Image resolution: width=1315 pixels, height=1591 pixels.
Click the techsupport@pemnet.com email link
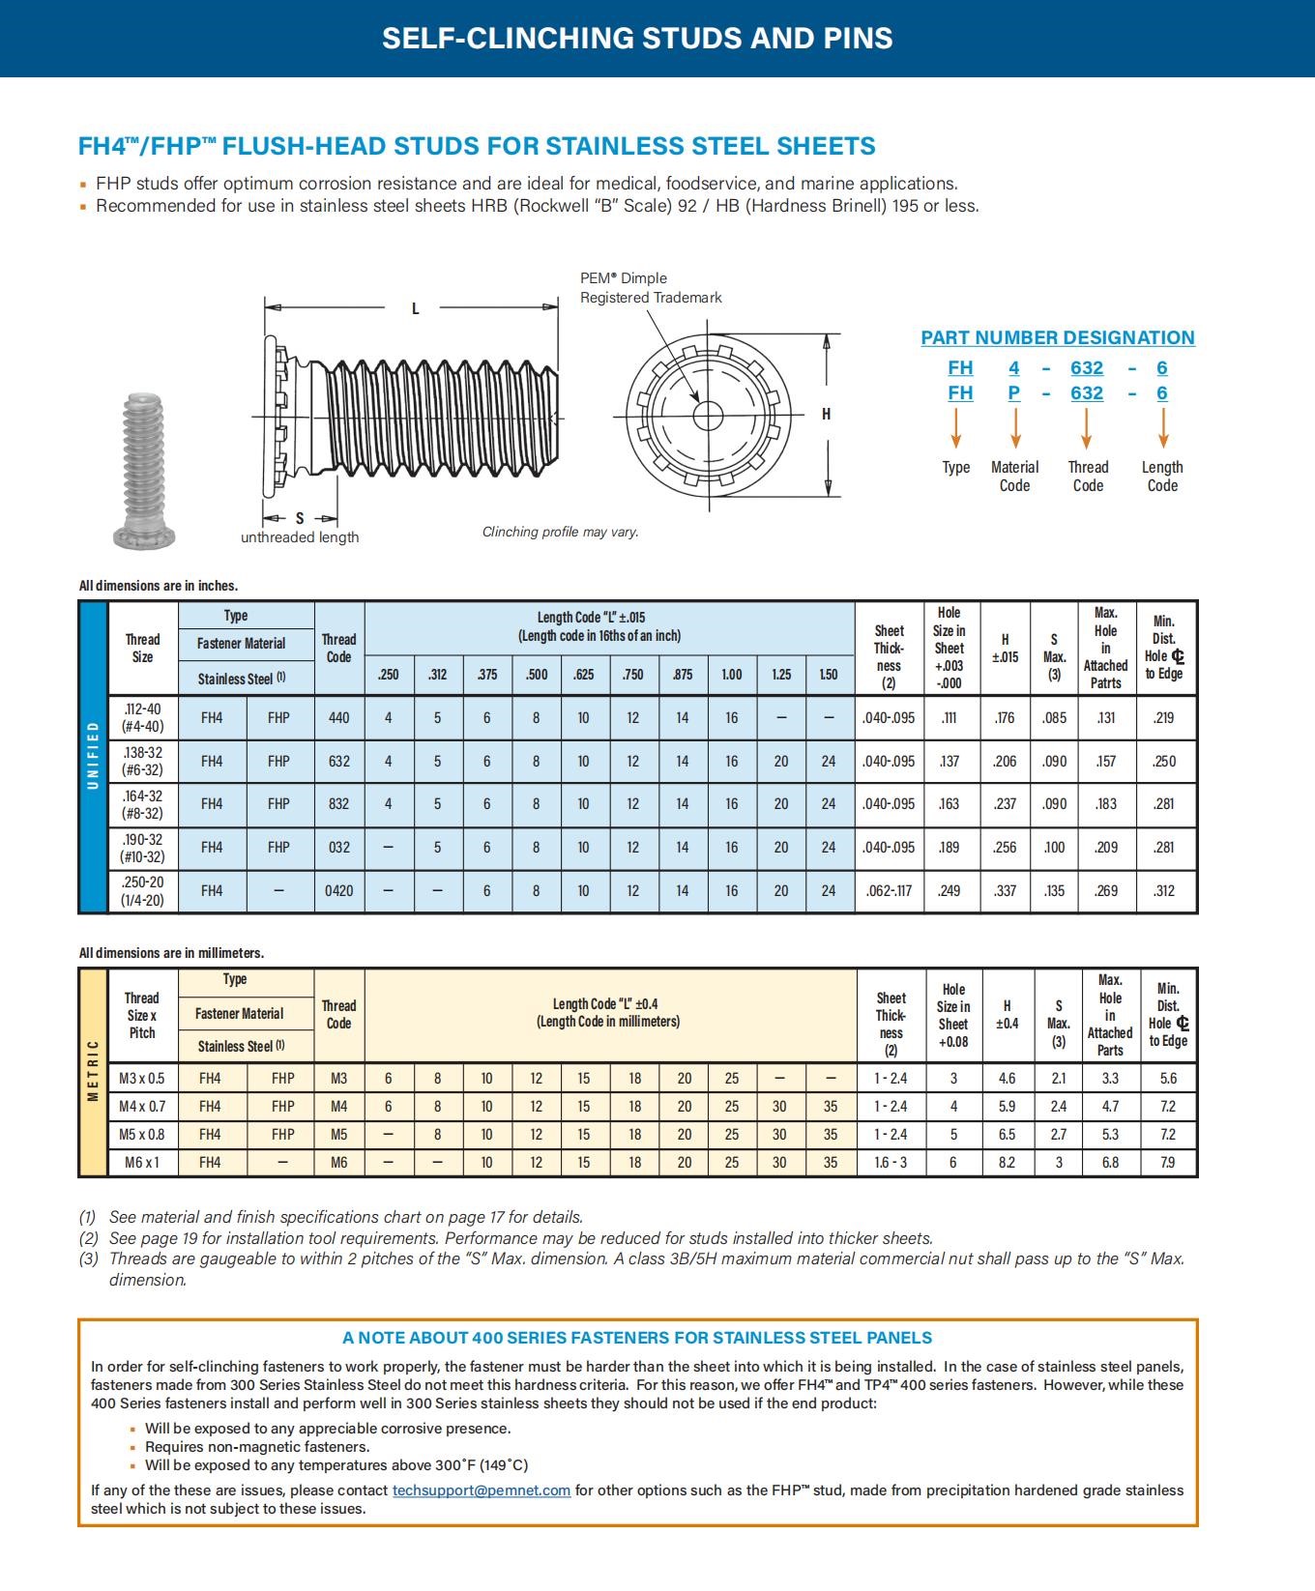pos(481,1490)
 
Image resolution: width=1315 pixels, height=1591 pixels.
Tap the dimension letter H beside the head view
pos(826,415)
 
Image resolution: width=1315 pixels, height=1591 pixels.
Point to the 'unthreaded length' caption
pos(300,537)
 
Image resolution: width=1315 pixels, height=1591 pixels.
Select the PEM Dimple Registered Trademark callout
pos(651,288)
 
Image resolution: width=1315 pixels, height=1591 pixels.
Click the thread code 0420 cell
pos(338,891)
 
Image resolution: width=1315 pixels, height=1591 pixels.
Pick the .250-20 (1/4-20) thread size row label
pos(142,891)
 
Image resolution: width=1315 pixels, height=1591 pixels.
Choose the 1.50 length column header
pos(829,675)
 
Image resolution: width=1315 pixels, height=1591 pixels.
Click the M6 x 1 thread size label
pos(142,1163)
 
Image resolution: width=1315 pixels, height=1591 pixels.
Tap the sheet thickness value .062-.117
pos(889,891)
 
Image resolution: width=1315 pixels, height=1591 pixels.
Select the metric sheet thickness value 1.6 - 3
pos(891,1163)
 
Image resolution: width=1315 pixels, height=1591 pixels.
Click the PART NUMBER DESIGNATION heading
pos(1057,338)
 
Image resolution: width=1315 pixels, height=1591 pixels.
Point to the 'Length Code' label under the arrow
pos(1162,477)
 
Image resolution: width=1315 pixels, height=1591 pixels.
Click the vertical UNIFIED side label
pos(94,756)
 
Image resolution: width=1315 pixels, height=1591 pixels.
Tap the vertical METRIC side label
pos(94,1071)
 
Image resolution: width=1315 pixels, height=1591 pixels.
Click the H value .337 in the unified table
pos(1005,891)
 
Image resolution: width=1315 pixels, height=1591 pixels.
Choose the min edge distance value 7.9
pos(1168,1163)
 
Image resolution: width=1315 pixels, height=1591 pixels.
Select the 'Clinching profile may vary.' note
pos(560,533)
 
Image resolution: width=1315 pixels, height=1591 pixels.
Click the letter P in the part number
pos(1014,393)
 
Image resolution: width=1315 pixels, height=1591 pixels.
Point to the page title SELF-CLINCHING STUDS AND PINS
pos(637,39)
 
